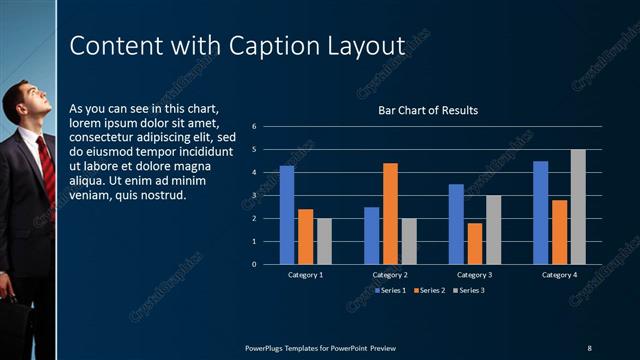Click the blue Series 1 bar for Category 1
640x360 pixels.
click(287, 215)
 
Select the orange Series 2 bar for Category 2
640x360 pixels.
click(390, 213)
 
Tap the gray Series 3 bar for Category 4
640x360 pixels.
click(578, 207)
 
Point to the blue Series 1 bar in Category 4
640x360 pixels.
click(541, 212)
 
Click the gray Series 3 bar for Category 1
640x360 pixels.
click(324, 241)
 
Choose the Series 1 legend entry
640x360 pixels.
click(391, 290)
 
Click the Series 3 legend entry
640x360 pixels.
click(469, 290)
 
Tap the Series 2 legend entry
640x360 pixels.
click(430, 290)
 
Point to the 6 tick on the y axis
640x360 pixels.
click(255, 127)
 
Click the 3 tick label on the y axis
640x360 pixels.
click(255, 195)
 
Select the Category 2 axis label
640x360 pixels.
click(390, 274)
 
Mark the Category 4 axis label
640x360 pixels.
click(560, 274)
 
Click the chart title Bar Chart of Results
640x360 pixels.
click(427, 110)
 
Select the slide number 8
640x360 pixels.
click(589, 347)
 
